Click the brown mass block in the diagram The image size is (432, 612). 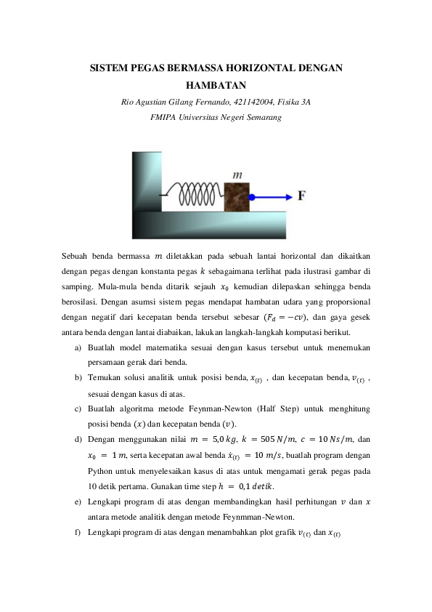coord(236,195)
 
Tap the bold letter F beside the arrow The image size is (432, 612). coord(301,196)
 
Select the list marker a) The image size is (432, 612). coord(78,348)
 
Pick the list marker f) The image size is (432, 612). coord(78,533)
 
